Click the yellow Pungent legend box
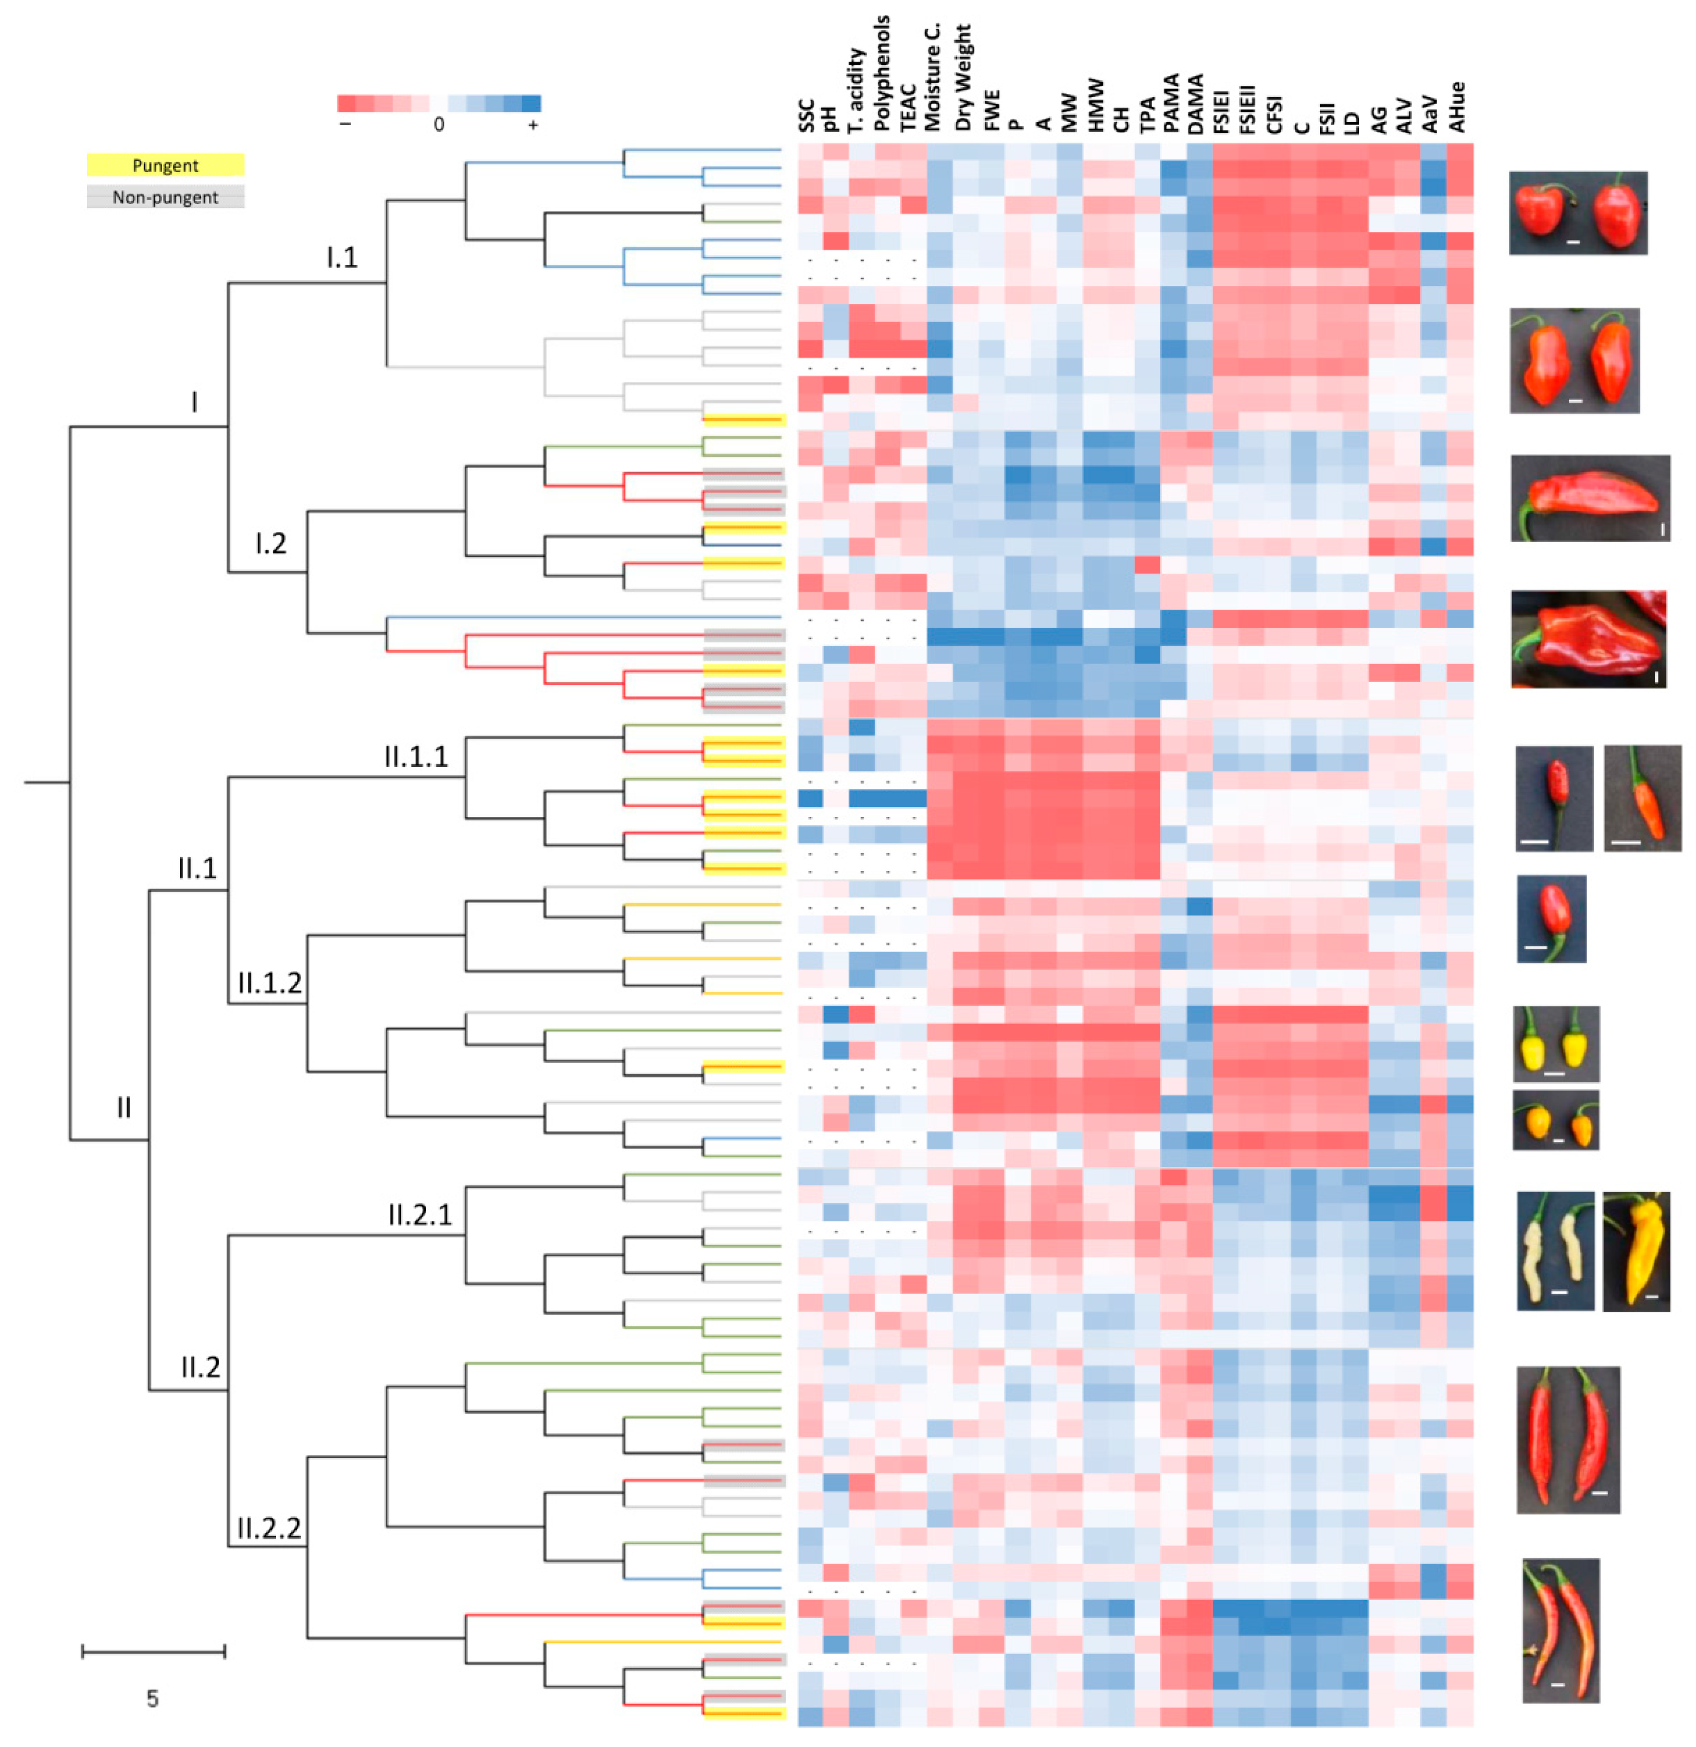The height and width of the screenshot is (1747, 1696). (x=165, y=165)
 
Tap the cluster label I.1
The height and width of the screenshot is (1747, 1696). (x=342, y=258)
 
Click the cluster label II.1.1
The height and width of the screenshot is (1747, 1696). (x=415, y=757)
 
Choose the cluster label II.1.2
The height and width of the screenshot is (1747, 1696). (x=269, y=983)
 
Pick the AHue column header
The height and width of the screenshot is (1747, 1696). (x=1458, y=108)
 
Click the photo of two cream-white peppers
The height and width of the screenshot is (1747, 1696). (x=1555, y=1251)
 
